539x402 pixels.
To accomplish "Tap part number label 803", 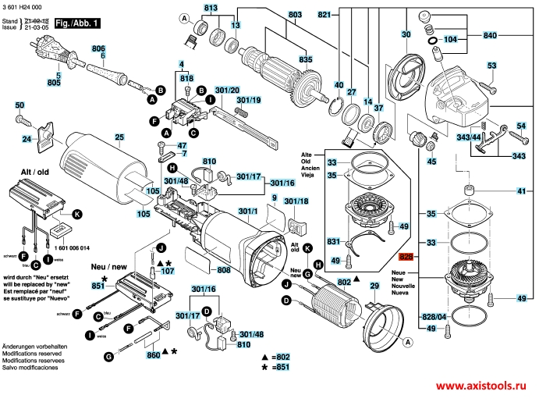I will click(x=272, y=15).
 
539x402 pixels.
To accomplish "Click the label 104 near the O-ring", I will click(x=452, y=37).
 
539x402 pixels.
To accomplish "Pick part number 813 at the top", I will click(x=211, y=8).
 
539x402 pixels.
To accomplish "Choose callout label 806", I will click(x=98, y=48).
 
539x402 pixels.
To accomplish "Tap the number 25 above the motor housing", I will click(x=119, y=138).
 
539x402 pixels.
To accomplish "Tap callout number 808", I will click(x=224, y=270).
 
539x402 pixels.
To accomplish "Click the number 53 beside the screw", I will click(x=492, y=66).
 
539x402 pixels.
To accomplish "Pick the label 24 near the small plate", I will click(x=27, y=140).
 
